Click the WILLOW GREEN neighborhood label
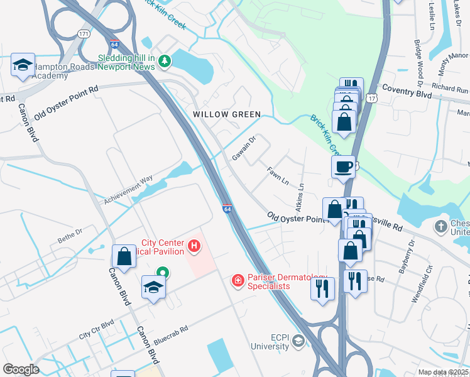[x=226, y=114]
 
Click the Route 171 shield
[x=83, y=32]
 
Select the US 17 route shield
[x=373, y=97]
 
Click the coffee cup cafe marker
[x=343, y=167]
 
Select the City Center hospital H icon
[x=194, y=246]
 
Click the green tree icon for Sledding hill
[x=165, y=61]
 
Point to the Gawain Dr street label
[x=244, y=148]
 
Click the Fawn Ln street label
[x=277, y=175]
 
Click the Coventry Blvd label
[x=407, y=92]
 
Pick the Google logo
[x=21, y=369]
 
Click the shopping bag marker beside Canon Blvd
[x=124, y=256]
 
